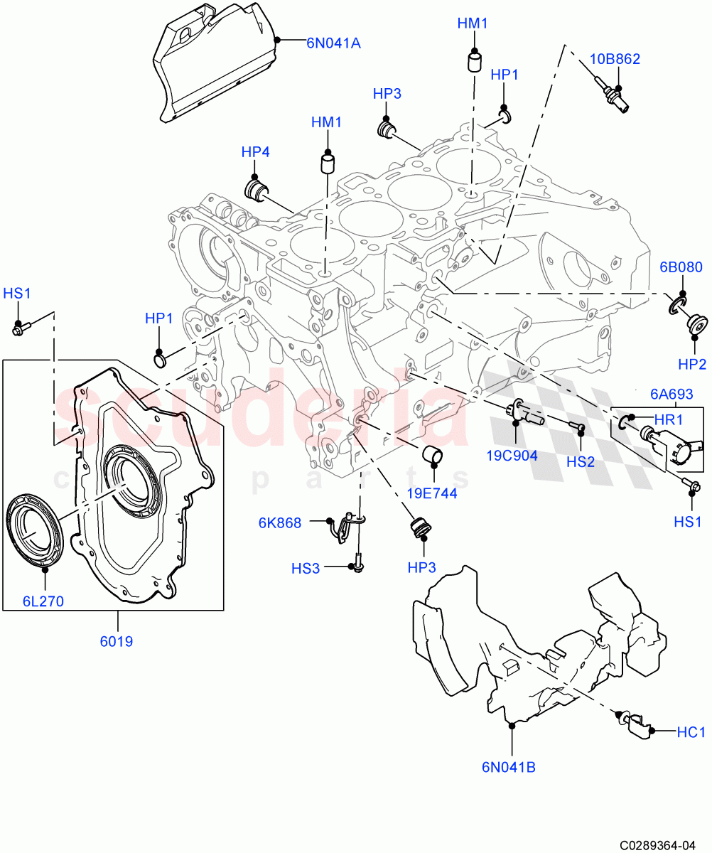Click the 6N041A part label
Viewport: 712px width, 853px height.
click(x=333, y=43)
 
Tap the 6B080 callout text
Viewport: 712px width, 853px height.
click(x=680, y=268)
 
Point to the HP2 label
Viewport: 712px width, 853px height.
click(x=691, y=365)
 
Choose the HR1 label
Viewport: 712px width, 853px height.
click(x=667, y=420)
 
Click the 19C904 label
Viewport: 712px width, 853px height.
click(x=512, y=456)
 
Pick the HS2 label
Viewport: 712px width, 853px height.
click(x=581, y=461)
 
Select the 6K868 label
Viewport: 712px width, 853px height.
click(x=279, y=523)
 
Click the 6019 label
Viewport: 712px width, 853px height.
click(x=116, y=641)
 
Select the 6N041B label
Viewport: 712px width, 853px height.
click(x=508, y=767)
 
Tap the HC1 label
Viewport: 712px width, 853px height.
click(x=691, y=731)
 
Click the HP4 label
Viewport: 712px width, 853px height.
click(x=255, y=151)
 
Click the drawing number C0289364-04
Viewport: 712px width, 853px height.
click(x=657, y=845)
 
